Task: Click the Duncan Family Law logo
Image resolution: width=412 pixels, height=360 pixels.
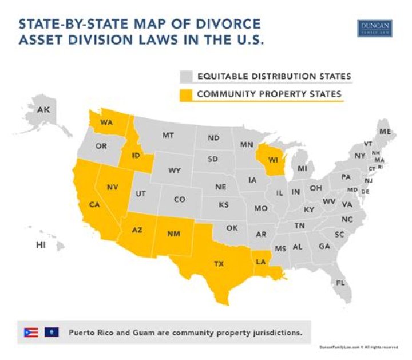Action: [x=375, y=29]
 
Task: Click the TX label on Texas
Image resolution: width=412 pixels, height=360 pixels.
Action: [x=219, y=264]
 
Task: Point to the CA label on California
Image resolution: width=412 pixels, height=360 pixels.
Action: [x=94, y=204]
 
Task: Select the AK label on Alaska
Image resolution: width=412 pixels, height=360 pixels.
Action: [x=43, y=109]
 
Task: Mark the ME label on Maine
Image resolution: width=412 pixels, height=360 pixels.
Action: [x=385, y=132]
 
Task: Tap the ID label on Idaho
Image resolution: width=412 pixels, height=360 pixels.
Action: [x=136, y=156]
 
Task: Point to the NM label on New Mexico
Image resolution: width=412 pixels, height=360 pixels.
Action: [x=173, y=233]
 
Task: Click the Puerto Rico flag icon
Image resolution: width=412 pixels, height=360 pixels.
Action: [x=30, y=332]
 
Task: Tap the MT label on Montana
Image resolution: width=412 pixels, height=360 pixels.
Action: [x=168, y=136]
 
